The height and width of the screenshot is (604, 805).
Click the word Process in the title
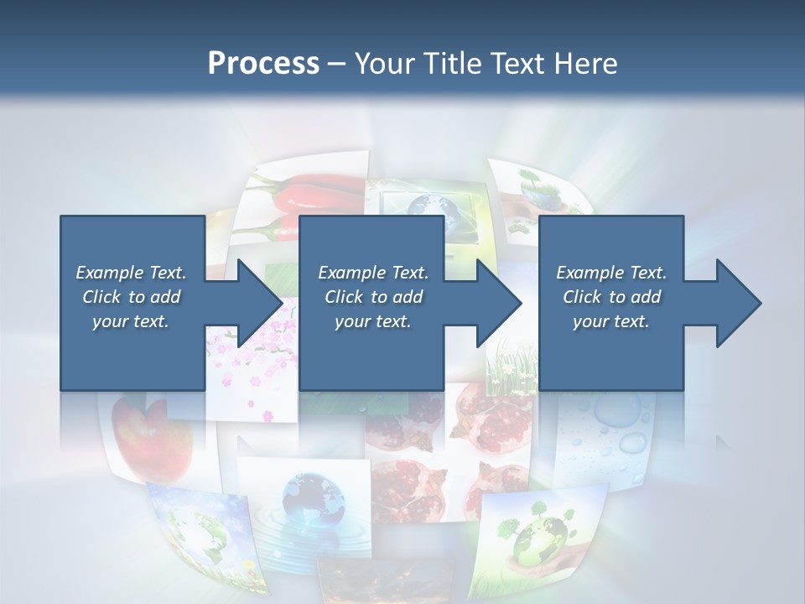(263, 63)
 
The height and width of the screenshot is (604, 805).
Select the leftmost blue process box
(132, 303)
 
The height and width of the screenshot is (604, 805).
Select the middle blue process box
(371, 303)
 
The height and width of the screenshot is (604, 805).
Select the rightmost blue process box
(610, 303)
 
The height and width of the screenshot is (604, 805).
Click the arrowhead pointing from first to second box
(260, 303)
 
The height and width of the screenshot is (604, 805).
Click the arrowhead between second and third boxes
(499, 303)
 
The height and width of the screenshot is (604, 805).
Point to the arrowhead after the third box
(738, 303)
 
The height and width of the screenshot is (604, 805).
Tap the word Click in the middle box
(342, 297)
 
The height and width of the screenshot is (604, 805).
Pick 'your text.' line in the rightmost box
(610, 321)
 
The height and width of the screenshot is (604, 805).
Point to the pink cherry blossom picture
(252, 369)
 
